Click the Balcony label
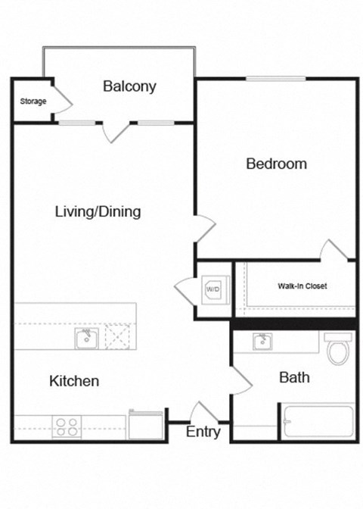pos(129,86)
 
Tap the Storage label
pos(33,101)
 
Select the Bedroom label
pos(276,164)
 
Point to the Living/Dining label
pos(98,211)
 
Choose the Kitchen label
pos(74,380)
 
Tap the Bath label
pos(294,377)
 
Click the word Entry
pos(203,432)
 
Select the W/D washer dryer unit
pos(214,289)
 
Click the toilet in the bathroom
pos(337,351)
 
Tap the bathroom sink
pos(262,342)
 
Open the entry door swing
pos(201,413)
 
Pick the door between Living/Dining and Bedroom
pos(205,227)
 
